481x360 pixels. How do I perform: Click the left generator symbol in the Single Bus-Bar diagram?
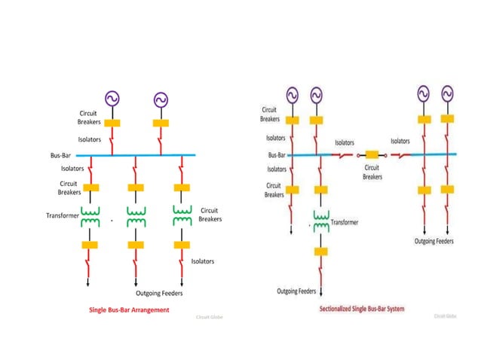coord(112,98)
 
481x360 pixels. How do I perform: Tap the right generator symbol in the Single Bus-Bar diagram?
coord(161,99)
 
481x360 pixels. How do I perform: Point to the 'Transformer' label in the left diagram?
coord(63,215)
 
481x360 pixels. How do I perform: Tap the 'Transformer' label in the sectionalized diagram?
coord(345,222)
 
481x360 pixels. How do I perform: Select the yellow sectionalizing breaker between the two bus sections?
coord(371,155)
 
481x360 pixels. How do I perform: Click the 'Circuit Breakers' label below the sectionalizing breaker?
coord(372,172)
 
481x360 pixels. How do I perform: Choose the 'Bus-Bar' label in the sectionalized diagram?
coord(277,155)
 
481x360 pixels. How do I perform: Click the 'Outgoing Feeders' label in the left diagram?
coord(154,293)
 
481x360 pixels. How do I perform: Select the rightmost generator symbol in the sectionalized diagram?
coord(448,94)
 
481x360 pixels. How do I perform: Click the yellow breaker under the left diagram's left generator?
coord(112,122)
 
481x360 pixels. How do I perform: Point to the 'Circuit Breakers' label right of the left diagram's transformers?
coord(209,215)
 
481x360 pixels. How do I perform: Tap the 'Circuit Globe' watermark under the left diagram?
coord(210,317)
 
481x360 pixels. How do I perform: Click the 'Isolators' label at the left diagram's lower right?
coord(202,261)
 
